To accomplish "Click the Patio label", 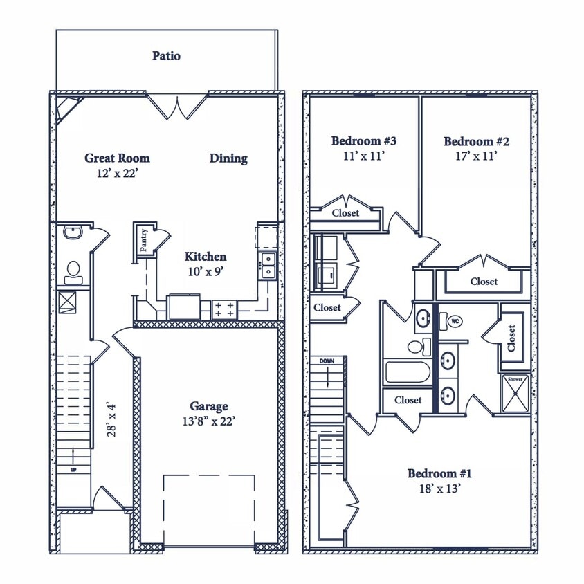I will (166, 56).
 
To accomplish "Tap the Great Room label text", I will (117, 158).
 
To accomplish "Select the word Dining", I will (228, 158).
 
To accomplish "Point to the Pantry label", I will (143, 240).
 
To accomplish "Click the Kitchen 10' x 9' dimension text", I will (206, 272).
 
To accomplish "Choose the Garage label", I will (209, 406).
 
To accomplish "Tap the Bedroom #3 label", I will (364, 141).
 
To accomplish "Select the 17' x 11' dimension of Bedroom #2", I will (476, 156).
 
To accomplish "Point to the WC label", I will (455, 321).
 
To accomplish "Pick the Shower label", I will (515, 379).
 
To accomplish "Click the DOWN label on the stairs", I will (327, 361).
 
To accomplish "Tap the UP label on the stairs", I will (74, 470).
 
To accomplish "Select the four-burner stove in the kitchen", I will (223, 309).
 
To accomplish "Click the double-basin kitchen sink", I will (267, 266).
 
